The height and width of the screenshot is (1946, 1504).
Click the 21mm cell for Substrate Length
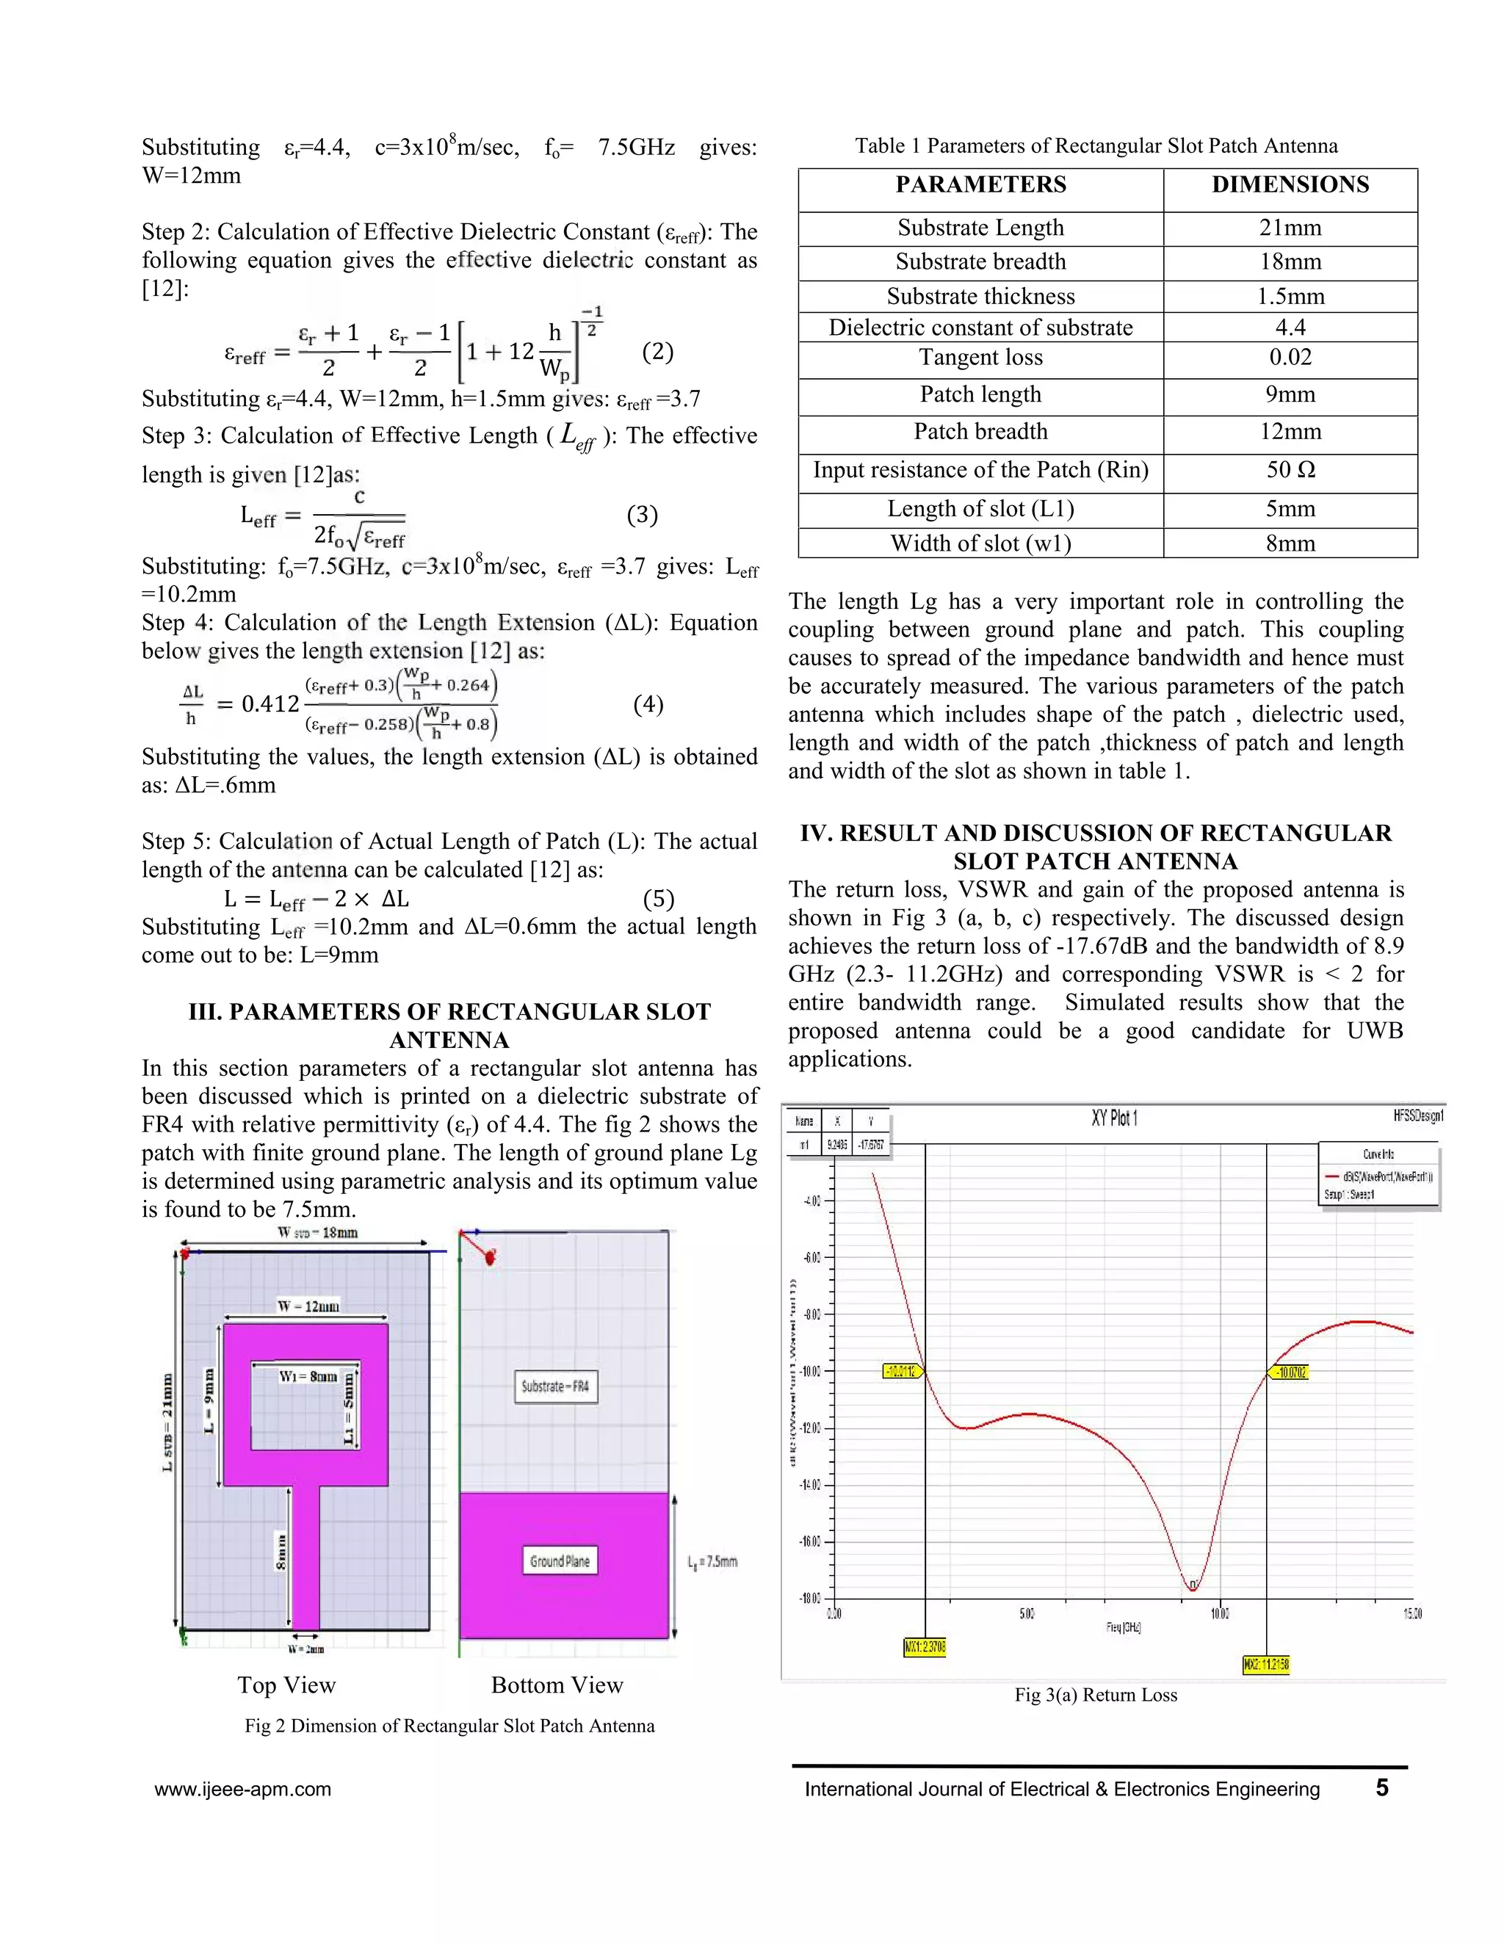click(1290, 228)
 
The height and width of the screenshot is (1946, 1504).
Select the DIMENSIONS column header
click(1290, 185)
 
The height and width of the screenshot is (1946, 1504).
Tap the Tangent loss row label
click(980, 358)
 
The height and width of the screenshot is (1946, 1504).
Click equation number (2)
click(657, 352)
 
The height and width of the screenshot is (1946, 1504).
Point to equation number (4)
click(648, 705)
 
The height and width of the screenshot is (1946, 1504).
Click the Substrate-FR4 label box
click(555, 1386)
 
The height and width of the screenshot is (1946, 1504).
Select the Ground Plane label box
click(560, 1561)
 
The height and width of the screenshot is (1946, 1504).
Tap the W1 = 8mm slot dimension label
click(308, 1377)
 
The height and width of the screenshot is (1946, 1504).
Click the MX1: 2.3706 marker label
click(924, 1648)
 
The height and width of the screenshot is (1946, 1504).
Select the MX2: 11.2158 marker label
click(1265, 1665)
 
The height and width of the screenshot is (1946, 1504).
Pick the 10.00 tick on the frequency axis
click(1219, 1613)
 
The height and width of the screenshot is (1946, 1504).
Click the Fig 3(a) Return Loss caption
click(1095, 1696)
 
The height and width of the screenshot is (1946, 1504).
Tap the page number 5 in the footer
click(1381, 1788)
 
